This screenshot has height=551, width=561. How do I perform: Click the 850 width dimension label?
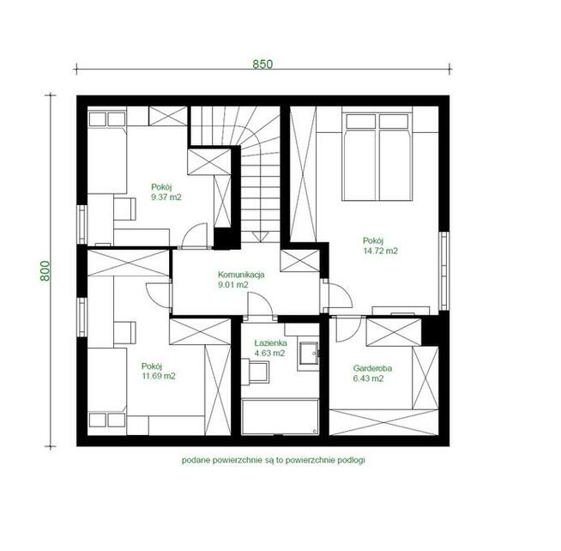tap(262, 64)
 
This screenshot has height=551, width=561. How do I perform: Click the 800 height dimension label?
tap(45, 270)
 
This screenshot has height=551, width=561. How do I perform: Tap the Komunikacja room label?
tap(241, 275)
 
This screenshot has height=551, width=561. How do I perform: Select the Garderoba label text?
tap(372, 368)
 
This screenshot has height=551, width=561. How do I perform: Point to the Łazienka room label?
tap(270, 342)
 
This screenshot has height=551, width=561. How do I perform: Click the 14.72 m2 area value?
tap(380, 251)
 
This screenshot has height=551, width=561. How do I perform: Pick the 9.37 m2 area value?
tap(166, 197)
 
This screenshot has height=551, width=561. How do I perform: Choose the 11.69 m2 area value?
tap(159, 376)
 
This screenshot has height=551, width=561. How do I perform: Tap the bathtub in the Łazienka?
tap(280, 417)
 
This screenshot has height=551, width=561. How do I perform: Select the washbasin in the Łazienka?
tap(309, 353)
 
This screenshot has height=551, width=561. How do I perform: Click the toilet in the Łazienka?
tap(256, 372)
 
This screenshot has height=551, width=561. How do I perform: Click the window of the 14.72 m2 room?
tap(443, 271)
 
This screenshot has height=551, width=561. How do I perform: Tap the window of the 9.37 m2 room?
tap(82, 225)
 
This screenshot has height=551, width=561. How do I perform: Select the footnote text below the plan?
tap(274, 460)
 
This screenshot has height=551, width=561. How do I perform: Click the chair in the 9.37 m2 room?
tap(124, 209)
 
